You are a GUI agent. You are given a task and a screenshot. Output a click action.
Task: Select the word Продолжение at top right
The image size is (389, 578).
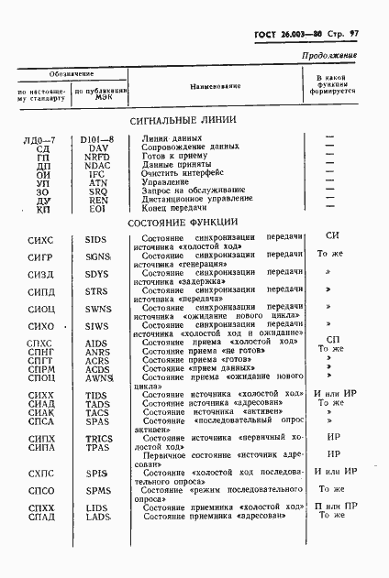tap(329, 56)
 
